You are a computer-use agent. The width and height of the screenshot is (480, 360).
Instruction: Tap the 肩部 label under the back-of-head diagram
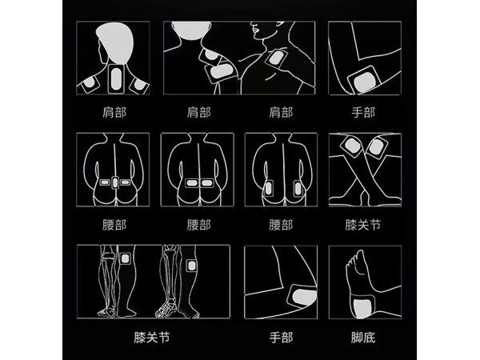114,113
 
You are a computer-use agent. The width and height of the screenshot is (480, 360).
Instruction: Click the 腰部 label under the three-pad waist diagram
114,225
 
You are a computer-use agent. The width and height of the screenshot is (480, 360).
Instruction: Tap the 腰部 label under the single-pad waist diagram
199,225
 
